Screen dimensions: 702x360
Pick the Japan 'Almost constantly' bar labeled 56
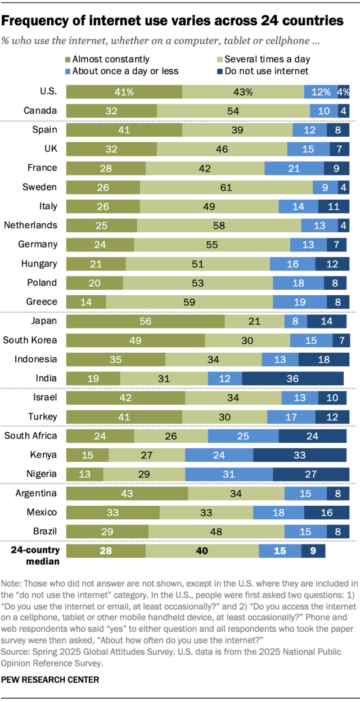coord(146,322)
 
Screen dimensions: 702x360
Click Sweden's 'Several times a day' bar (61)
coord(226,187)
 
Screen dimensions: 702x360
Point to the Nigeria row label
coord(42,474)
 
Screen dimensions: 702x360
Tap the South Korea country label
coord(30,340)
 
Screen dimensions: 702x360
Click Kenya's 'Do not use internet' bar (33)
coord(301,455)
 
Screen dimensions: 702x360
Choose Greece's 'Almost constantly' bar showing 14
coord(86,301)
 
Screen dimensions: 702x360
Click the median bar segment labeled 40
coord(202,551)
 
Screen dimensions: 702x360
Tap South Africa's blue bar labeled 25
coord(243,436)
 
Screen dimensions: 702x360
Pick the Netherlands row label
coord(30,225)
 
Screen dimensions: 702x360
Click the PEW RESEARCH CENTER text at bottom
coord(51,679)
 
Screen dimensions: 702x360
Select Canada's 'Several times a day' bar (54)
coord(233,110)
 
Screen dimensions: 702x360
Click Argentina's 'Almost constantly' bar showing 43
coord(127,494)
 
